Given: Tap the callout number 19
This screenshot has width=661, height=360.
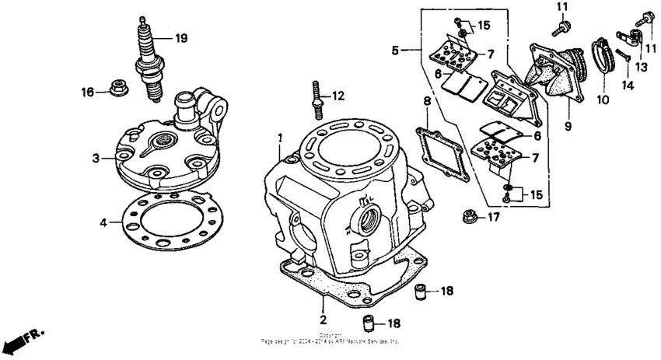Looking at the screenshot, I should [181, 37].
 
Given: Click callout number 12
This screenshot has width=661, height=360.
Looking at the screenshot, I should [337, 96].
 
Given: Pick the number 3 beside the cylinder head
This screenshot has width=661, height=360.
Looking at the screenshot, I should [95, 158].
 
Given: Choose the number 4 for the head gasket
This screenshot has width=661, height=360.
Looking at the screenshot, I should [103, 223].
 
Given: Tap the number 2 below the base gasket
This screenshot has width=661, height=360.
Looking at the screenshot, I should [322, 319].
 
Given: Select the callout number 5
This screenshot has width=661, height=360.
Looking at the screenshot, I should [396, 50].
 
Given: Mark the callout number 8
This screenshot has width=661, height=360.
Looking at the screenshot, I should [426, 101].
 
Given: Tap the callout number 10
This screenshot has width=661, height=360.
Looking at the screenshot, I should [599, 100].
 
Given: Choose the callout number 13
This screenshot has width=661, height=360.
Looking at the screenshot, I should [640, 68].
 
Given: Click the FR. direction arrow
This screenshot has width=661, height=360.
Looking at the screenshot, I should [23, 339].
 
